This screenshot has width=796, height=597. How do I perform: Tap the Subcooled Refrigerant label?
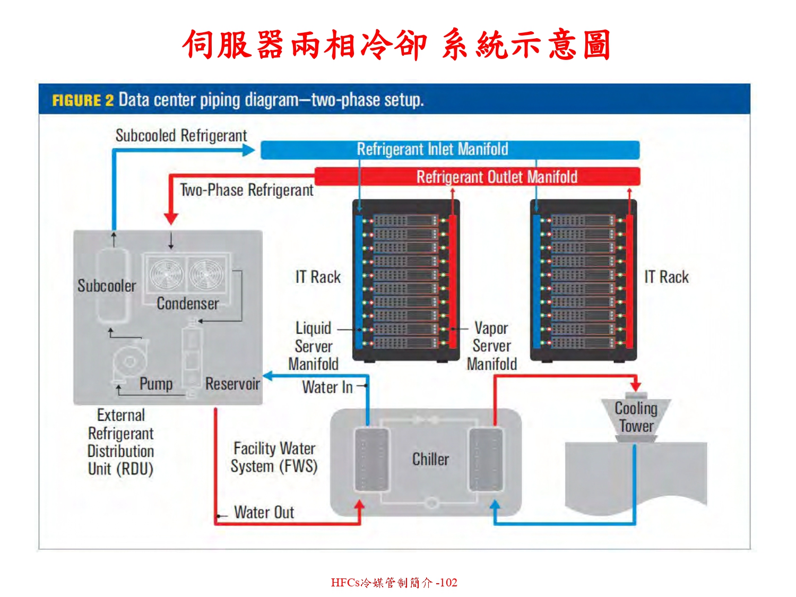click(x=181, y=136)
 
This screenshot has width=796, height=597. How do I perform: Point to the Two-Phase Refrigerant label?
click(x=246, y=190)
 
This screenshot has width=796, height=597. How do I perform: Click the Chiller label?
click(x=430, y=459)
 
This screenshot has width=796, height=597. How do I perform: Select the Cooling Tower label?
click(x=636, y=417)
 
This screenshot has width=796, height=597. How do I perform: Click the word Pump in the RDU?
click(x=156, y=384)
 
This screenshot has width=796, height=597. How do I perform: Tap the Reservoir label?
click(x=232, y=384)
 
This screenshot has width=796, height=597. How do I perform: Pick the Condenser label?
click(x=188, y=304)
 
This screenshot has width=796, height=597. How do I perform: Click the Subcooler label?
click(x=107, y=286)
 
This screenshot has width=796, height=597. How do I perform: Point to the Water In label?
click(x=327, y=387)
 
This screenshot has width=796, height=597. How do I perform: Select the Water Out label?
click(x=264, y=513)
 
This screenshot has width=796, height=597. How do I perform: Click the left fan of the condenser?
click(x=166, y=273)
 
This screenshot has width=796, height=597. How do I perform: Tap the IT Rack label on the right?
click(x=667, y=277)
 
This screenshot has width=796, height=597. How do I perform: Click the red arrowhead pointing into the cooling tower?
click(x=635, y=386)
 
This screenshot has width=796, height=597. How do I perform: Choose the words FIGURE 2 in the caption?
click(x=83, y=100)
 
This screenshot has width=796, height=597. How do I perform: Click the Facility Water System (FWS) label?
click(x=274, y=457)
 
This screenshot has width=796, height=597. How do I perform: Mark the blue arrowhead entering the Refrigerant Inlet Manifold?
click(x=249, y=150)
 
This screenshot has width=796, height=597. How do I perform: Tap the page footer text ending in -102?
click(x=394, y=583)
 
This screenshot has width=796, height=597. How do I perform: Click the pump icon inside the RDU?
click(x=129, y=362)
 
